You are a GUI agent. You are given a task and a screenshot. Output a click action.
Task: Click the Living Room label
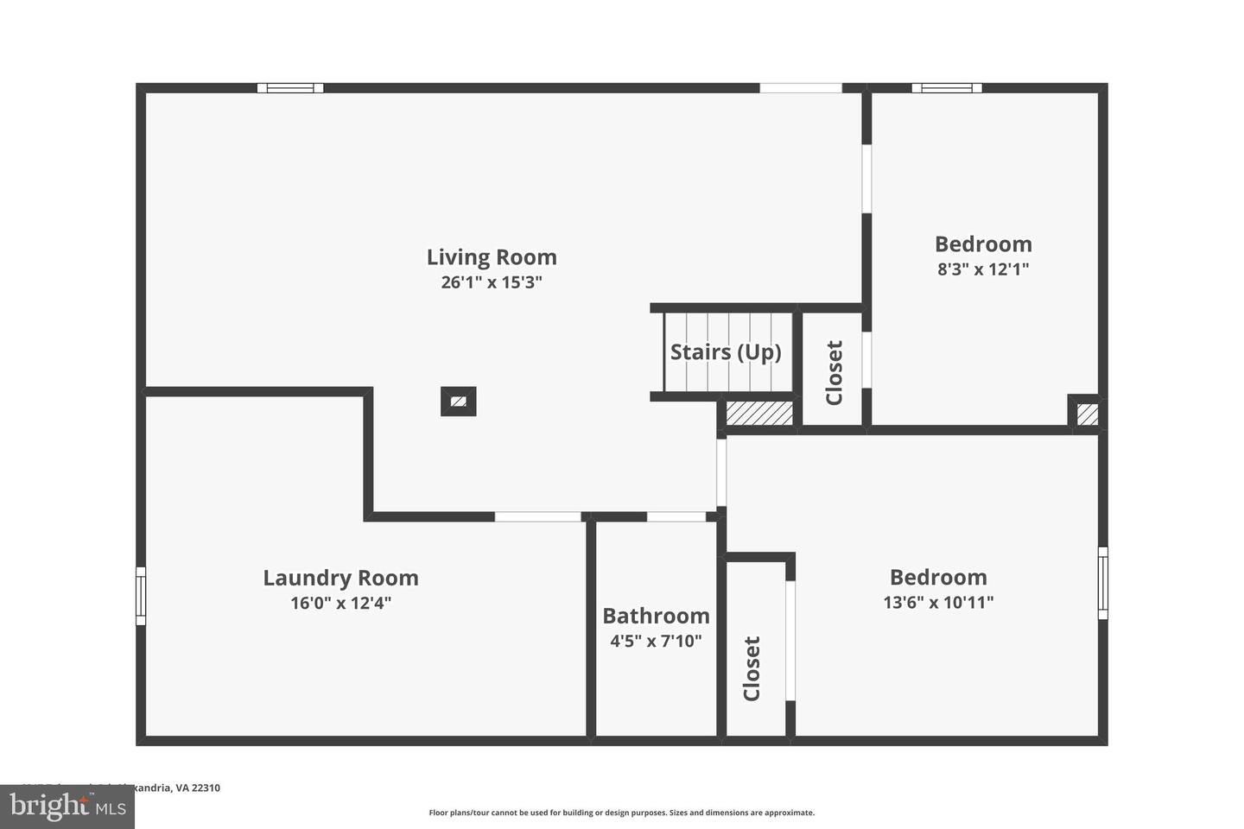click(x=492, y=257)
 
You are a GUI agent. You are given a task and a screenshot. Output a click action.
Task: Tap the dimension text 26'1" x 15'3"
click(x=492, y=282)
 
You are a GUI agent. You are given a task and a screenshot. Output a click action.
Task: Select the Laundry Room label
click(x=340, y=578)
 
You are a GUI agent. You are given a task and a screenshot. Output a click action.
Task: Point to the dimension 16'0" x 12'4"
click(x=340, y=603)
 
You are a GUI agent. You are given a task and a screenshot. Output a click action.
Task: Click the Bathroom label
click(x=656, y=616)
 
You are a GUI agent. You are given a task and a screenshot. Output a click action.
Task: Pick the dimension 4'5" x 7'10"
click(x=656, y=641)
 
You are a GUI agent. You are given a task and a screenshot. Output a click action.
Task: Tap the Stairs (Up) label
click(x=726, y=352)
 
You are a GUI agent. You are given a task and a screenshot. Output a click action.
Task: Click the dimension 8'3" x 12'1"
click(x=983, y=269)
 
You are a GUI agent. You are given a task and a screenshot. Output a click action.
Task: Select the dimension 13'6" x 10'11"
click(x=938, y=602)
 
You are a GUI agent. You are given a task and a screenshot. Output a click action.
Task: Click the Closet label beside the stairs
click(x=835, y=373)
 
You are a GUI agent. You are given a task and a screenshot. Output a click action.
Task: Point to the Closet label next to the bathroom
click(x=752, y=668)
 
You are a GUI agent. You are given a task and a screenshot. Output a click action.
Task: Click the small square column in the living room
click(x=459, y=401)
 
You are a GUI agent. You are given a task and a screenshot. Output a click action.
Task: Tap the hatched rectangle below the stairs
click(x=759, y=413)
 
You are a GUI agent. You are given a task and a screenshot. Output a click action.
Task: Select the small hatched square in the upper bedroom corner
click(x=1088, y=414)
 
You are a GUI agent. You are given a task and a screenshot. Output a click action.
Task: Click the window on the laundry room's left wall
click(x=141, y=596)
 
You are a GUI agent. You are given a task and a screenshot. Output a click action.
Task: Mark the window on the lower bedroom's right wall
click(x=1102, y=583)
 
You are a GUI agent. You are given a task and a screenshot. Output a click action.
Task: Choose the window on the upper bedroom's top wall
click(x=947, y=88)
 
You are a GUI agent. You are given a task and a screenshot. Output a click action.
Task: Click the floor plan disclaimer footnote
click(x=622, y=813)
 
